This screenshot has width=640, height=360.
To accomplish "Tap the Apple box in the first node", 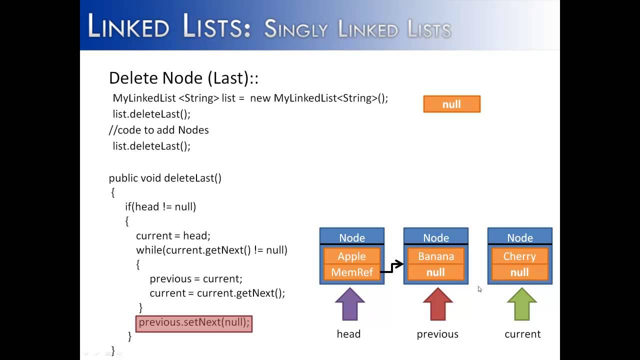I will [x=351, y=256].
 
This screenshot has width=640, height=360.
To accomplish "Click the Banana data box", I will [x=435, y=256].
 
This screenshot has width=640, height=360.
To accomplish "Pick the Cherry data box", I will [x=519, y=256].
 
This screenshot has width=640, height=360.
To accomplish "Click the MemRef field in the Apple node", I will [x=351, y=272].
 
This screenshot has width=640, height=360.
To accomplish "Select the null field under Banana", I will [x=435, y=272].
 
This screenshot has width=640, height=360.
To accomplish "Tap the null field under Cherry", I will [x=519, y=272].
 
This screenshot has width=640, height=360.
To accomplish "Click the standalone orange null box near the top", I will [x=451, y=104].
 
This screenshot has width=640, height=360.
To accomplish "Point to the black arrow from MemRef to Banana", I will [x=392, y=267].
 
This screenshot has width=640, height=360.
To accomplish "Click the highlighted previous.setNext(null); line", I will [x=194, y=322].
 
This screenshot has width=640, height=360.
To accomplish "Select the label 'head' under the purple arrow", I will [x=348, y=334].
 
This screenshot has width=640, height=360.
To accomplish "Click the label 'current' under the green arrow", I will [x=522, y=334].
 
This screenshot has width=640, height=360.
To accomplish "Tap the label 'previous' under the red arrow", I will [x=437, y=334].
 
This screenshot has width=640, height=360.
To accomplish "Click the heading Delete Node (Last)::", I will [x=183, y=78].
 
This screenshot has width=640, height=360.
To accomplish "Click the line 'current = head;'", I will [x=173, y=235].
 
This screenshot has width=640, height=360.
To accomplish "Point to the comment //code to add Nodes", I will [x=159, y=130].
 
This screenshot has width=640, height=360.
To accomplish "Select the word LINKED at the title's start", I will [x=129, y=26].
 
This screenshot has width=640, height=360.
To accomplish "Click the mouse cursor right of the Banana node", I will [x=479, y=289].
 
